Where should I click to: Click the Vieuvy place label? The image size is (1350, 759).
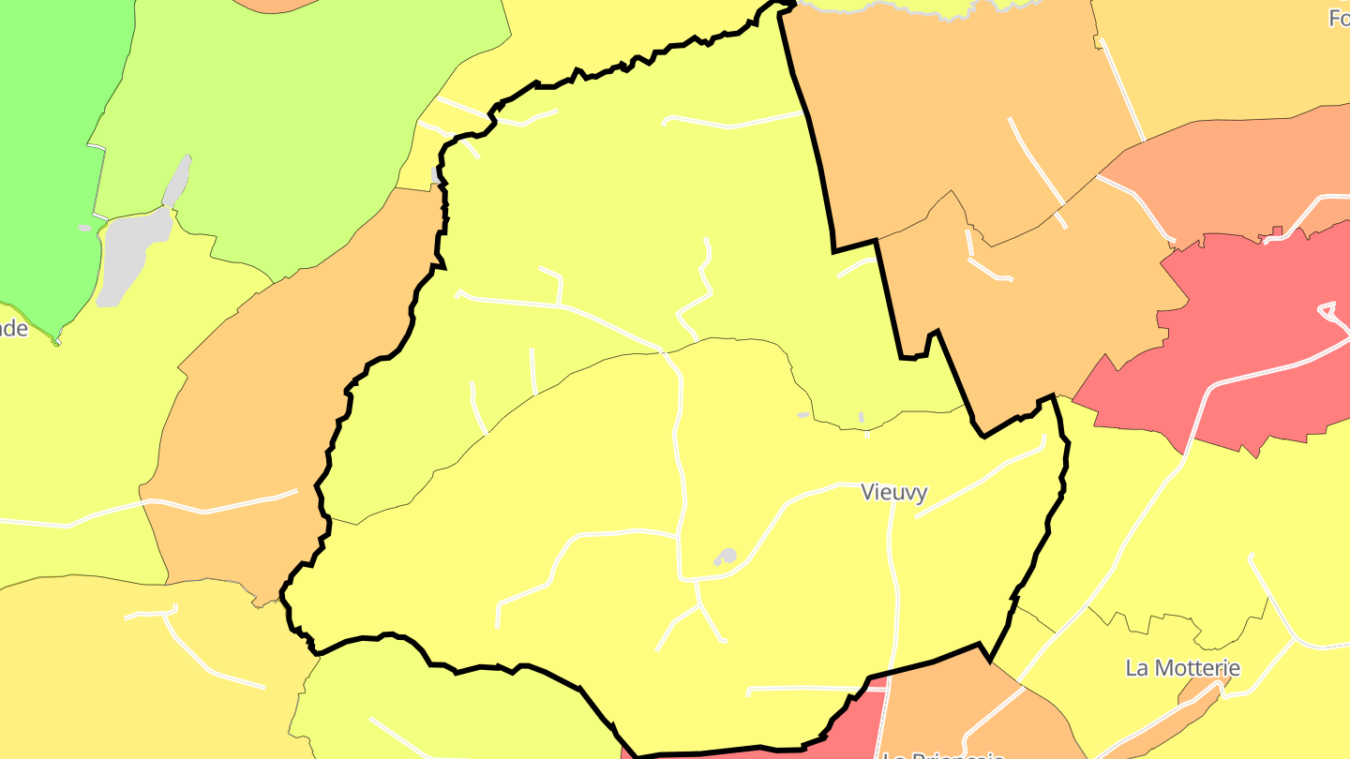click(894, 493)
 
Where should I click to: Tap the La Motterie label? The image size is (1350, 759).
click(1182, 668)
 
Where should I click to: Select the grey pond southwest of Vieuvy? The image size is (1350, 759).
click(726, 557)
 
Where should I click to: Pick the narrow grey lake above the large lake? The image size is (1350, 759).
click(177, 181)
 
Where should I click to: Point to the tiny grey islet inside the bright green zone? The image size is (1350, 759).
click(84, 228)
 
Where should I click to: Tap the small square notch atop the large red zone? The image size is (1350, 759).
click(1276, 231)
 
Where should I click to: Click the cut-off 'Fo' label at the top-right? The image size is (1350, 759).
click(1339, 17)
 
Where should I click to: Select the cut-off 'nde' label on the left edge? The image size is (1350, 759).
click(13, 329)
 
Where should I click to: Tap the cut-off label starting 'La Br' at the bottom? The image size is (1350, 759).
click(942, 753)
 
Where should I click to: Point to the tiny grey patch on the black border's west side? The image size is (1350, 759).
click(436, 174)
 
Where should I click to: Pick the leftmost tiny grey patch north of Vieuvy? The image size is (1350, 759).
click(803, 414)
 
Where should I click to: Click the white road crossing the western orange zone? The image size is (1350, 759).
click(225, 506)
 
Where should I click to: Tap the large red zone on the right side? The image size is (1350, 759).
click(1247, 347)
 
